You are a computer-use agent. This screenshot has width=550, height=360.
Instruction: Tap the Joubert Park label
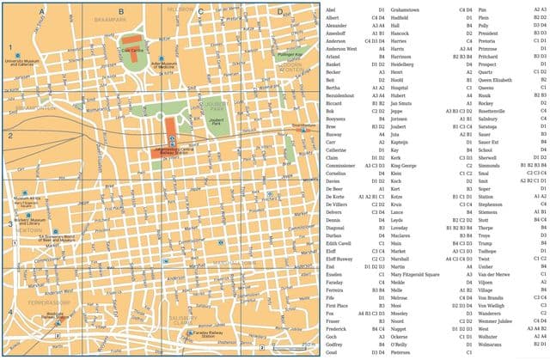218,123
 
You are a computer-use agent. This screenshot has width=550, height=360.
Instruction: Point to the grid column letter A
41,11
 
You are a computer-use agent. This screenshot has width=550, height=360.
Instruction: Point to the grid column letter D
279,11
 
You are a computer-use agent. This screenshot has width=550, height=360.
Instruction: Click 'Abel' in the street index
332,9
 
